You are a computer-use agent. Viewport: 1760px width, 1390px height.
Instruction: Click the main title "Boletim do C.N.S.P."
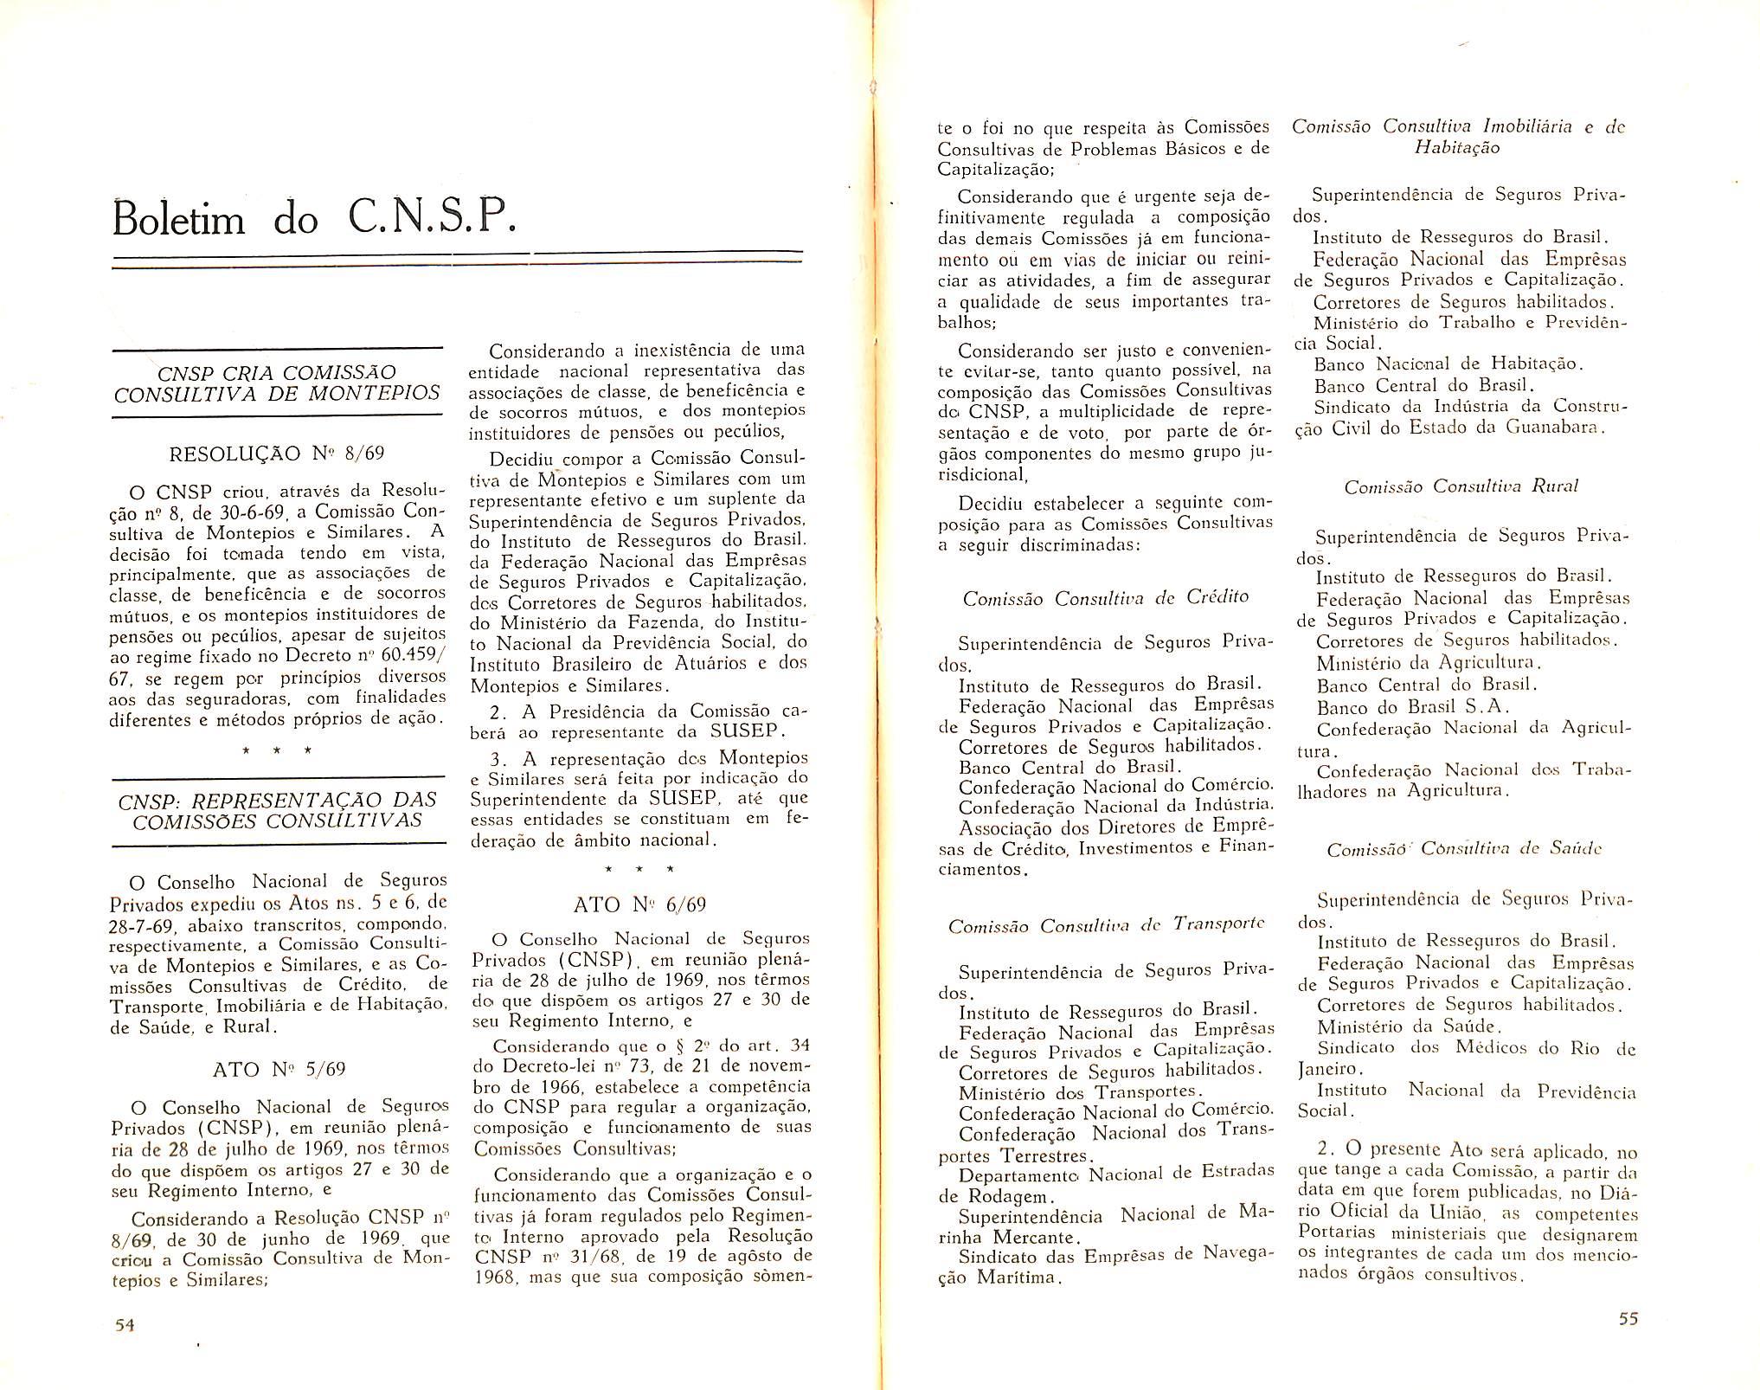[315, 218]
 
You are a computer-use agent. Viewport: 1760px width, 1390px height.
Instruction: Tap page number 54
[125, 1325]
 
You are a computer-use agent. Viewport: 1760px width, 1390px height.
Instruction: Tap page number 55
[1628, 1319]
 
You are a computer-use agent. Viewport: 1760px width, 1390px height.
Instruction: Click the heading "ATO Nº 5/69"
[279, 1070]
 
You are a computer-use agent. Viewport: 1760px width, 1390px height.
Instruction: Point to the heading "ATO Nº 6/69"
[639, 905]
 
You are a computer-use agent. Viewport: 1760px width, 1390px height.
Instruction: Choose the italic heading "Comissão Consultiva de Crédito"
[1105, 597]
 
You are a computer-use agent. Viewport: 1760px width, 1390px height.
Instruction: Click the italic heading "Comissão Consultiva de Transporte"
[1106, 925]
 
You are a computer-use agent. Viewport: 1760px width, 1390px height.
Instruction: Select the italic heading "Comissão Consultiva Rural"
[1461, 486]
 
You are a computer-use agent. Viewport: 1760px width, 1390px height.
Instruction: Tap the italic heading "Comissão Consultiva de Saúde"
[1464, 849]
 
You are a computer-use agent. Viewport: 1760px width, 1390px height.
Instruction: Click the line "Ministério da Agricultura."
[1429, 664]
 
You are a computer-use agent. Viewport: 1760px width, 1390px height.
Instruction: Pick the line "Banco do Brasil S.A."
[1413, 706]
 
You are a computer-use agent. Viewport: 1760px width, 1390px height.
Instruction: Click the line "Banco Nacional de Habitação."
[1448, 364]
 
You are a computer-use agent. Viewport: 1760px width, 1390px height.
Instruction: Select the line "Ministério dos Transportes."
[1082, 1092]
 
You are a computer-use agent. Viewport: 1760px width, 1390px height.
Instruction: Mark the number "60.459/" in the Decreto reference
[413, 656]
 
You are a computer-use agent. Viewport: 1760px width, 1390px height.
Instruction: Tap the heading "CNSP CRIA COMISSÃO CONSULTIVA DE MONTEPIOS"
[277, 383]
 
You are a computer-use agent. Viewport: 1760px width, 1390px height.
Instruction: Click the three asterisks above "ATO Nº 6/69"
[639, 868]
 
